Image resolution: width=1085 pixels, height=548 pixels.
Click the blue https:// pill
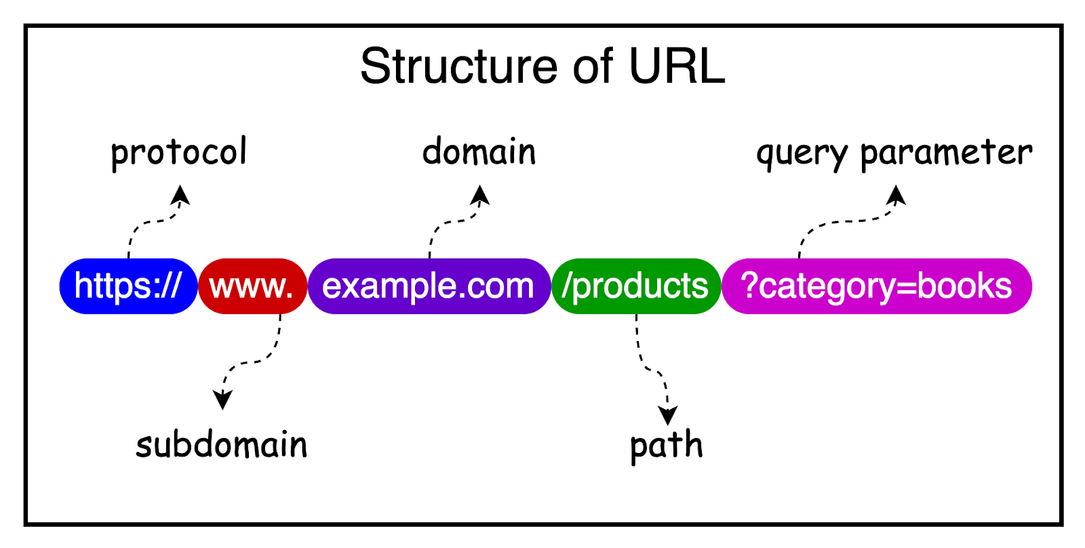click(128, 286)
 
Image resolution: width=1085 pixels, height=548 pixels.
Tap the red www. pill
click(252, 286)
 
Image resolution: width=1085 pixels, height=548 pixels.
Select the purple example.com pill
click(429, 286)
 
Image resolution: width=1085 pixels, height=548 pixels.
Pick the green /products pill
click(635, 286)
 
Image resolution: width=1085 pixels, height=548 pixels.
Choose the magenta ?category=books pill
click(876, 286)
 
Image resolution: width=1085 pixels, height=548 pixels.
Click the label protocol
click(179, 152)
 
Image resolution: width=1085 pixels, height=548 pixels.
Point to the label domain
click(479, 151)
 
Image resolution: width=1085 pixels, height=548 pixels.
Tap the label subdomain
click(222, 445)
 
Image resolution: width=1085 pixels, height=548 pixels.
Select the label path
click(666, 446)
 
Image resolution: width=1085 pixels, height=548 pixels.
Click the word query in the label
click(801, 153)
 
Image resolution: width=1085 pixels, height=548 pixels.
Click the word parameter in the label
click(945, 153)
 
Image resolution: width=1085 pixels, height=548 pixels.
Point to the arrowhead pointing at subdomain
click(222, 400)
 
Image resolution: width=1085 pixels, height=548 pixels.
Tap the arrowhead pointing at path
click(668, 416)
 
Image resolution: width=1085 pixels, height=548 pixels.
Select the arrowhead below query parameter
click(897, 195)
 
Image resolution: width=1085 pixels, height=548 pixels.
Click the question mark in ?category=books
click(749, 285)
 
